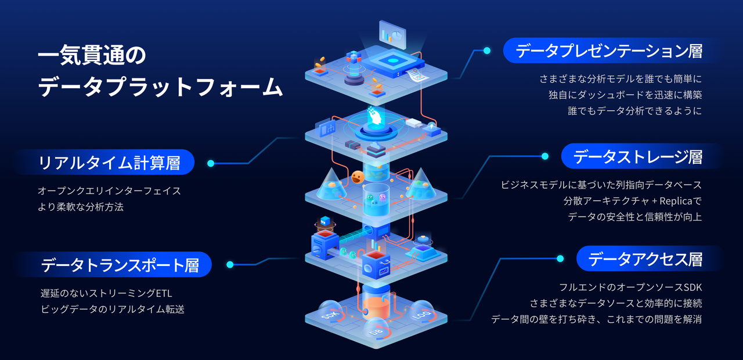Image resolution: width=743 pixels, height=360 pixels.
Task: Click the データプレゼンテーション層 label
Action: [x=609, y=51]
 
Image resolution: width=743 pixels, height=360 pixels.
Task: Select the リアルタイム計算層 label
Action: [x=109, y=163]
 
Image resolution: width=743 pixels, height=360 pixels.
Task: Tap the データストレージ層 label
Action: [x=638, y=156]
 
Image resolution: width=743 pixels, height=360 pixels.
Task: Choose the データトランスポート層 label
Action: [x=120, y=265]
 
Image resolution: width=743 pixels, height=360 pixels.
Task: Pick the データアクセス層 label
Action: [x=645, y=259]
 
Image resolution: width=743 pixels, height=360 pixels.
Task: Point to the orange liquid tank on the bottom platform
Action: [x=375, y=311]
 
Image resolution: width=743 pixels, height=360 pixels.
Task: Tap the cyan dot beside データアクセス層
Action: [x=560, y=259]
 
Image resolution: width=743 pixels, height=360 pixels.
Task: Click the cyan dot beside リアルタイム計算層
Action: [x=211, y=163]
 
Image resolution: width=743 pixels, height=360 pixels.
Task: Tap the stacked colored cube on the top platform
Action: [x=354, y=57]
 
